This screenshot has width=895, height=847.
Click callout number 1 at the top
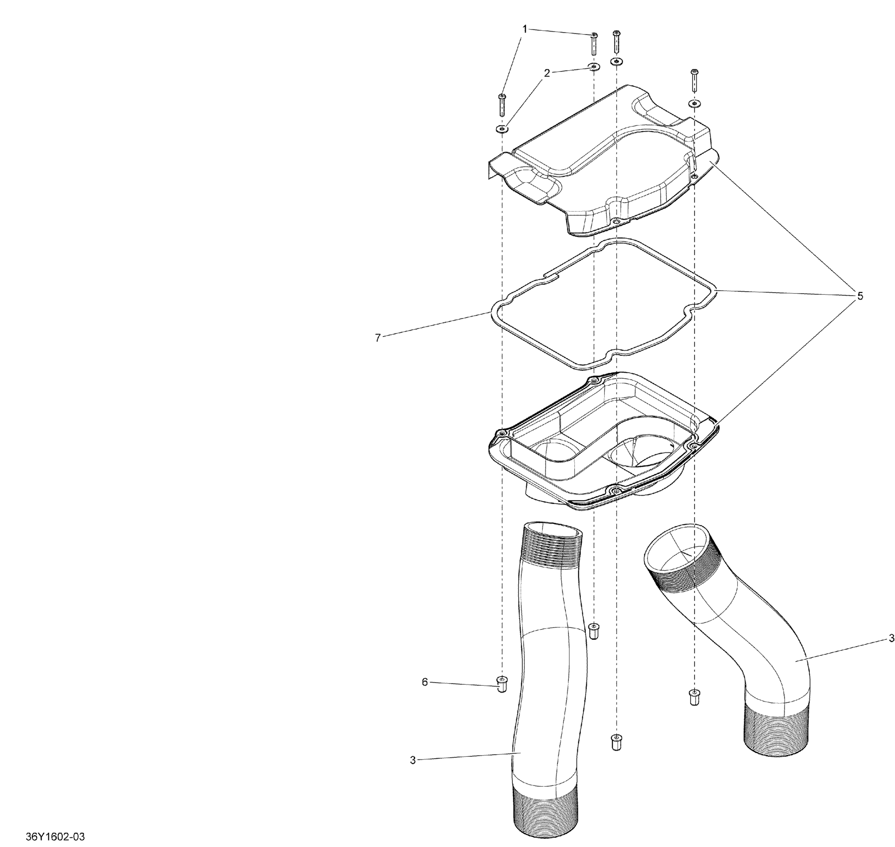[524, 29]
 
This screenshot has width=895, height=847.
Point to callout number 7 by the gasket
[378, 337]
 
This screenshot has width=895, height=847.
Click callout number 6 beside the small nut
[425, 682]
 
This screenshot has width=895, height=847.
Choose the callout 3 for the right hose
[891, 638]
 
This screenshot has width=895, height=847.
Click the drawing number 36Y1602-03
[55, 837]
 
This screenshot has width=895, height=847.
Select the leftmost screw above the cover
[501, 105]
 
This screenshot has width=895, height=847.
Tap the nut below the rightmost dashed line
[694, 697]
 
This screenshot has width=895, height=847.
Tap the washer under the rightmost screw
[694, 104]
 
